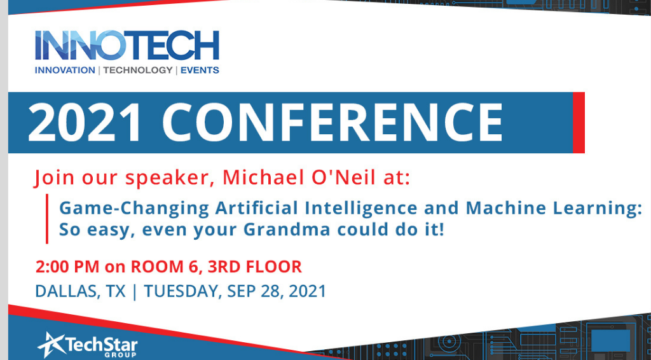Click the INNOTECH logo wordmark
127,45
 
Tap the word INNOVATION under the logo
64,70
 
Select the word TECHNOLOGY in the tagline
137,70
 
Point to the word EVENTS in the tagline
200,70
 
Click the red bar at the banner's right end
579,123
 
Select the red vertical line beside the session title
47,219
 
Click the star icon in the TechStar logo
51,344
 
